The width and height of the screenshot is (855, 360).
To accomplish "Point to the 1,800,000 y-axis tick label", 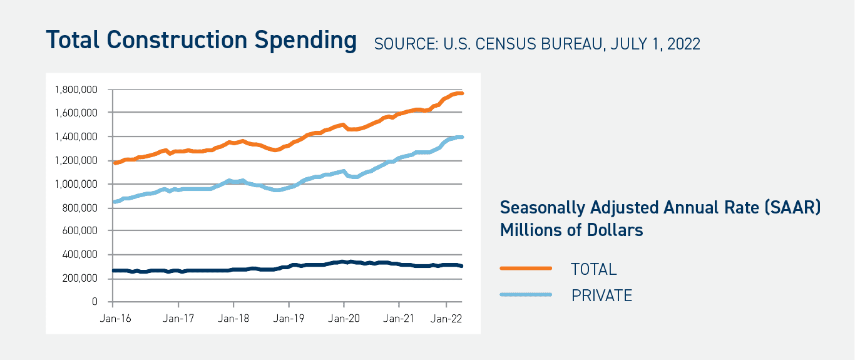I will click(x=76, y=90).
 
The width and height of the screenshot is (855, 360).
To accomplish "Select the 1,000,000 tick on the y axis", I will click(x=76, y=184).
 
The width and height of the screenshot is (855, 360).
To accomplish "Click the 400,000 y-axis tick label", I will click(x=80, y=255).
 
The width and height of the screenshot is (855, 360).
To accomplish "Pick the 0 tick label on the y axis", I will click(x=95, y=302).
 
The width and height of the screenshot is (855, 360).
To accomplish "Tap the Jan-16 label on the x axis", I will click(x=113, y=318).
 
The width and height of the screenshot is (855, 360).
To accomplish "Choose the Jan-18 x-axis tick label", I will click(x=233, y=318).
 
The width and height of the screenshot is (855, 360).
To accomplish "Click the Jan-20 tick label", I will click(x=344, y=318).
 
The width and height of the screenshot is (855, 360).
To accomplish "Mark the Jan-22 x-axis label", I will click(x=446, y=318).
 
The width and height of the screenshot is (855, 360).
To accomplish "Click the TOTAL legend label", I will click(x=593, y=269).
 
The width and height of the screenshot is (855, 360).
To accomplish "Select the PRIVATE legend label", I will click(x=602, y=296).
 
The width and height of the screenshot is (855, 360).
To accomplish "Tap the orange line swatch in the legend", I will click(x=526, y=269).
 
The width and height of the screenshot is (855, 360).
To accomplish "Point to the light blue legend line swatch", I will click(x=526, y=295).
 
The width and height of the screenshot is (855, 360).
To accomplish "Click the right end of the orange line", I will click(x=461, y=93).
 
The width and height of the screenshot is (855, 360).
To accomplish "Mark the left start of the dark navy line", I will click(x=113, y=270).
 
